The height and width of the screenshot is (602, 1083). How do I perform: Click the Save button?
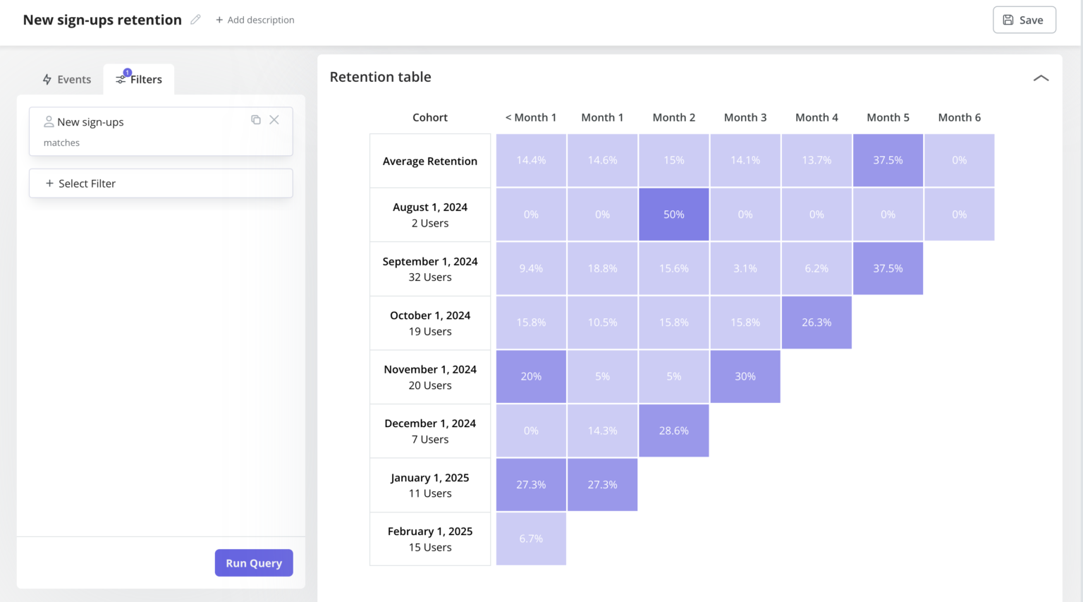(1024, 20)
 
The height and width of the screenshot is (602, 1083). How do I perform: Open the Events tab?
(67, 79)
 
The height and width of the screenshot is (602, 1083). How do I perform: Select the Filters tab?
(140, 79)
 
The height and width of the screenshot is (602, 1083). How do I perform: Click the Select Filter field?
(161, 183)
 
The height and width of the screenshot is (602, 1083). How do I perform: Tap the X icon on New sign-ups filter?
(274, 120)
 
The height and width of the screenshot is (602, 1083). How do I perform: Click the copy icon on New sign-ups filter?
(256, 120)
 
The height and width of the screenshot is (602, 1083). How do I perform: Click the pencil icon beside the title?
(196, 20)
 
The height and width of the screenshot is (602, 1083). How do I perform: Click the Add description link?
(255, 20)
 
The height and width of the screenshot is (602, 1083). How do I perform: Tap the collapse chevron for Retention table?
(1041, 78)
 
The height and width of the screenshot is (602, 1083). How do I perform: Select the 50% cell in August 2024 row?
(673, 215)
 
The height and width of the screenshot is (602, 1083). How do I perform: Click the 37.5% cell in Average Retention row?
(888, 160)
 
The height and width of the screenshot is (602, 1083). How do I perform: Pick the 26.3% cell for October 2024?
(816, 323)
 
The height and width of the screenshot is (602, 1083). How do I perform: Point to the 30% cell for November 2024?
(745, 377)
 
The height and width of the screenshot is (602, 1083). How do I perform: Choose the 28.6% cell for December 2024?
(673, 431)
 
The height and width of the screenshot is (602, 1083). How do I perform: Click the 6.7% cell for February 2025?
(531, 538)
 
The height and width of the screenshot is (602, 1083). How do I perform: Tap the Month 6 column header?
(959, 117)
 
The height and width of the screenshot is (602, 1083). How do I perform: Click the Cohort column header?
(430, 117)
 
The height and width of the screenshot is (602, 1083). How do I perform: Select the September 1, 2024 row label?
(430, 269)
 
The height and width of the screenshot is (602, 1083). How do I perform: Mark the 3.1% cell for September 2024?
(745, 269)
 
